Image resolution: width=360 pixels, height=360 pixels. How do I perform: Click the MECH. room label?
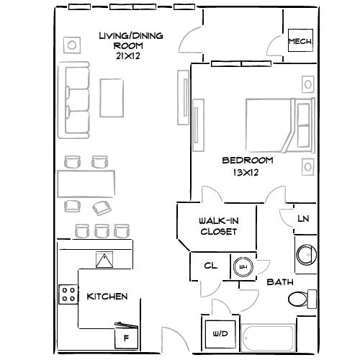click(300, 42)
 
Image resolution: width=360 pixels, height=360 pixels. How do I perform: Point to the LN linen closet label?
click(303, 220)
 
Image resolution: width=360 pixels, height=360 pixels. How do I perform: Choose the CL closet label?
click(210, 266)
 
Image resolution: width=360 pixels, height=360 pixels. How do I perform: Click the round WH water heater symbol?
click(242, 266)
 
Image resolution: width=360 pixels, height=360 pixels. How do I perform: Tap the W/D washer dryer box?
click(219, 334)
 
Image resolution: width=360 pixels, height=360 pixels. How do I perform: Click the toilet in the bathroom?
click(301, 298)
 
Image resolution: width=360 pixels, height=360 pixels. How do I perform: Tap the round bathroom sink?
click(305, 254)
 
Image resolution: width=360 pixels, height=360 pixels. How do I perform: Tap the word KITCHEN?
click(107, 297)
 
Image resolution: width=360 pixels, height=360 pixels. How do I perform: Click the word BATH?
click(279, 283)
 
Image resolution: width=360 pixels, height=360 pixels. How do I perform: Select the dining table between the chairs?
click(87, 184)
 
